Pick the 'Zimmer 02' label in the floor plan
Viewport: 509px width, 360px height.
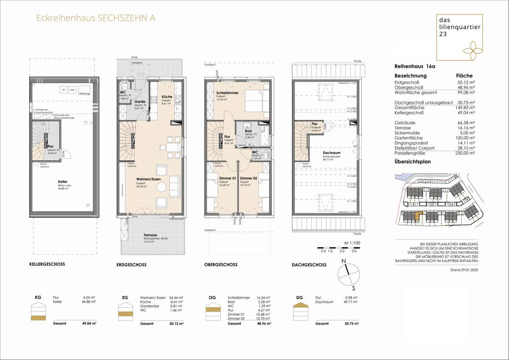(x=248, y=179)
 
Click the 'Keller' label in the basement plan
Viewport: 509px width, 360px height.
(x=63, y=182)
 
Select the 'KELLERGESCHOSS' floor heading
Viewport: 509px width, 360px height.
(x=47, y=264)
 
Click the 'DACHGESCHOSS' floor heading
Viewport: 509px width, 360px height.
(x=309, y=265)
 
